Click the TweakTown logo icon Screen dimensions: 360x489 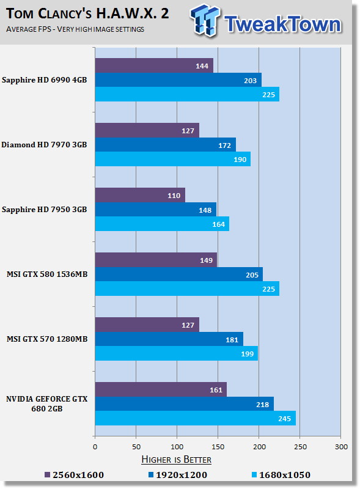point(205,20)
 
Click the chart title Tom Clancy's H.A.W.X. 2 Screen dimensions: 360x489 point(87,13)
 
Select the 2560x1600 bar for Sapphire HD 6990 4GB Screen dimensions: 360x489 point(154,65)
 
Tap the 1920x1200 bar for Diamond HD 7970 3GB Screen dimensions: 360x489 point(166,145)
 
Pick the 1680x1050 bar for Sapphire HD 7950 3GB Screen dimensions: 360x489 point(162,224)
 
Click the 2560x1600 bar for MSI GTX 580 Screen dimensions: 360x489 point(156,260)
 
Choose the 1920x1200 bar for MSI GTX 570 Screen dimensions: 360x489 point(169,339)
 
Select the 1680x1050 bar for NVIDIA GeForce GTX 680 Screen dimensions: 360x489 point(196,418)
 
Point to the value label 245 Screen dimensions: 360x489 point(284,419)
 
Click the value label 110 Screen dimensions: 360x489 point(174,196)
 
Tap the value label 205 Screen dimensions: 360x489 point(252,274)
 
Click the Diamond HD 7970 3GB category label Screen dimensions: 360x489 point(44,145)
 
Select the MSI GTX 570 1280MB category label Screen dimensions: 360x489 point(47,339)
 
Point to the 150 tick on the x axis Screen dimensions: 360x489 point(218,447)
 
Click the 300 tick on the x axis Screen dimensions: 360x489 point(341,447)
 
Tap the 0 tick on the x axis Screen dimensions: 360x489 point(95,447)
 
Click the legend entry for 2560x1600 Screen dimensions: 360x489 point(74,475)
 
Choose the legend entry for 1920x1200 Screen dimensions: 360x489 point(177,475)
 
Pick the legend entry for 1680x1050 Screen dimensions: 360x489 point(281,475)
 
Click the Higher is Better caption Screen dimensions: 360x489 point(176,460)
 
